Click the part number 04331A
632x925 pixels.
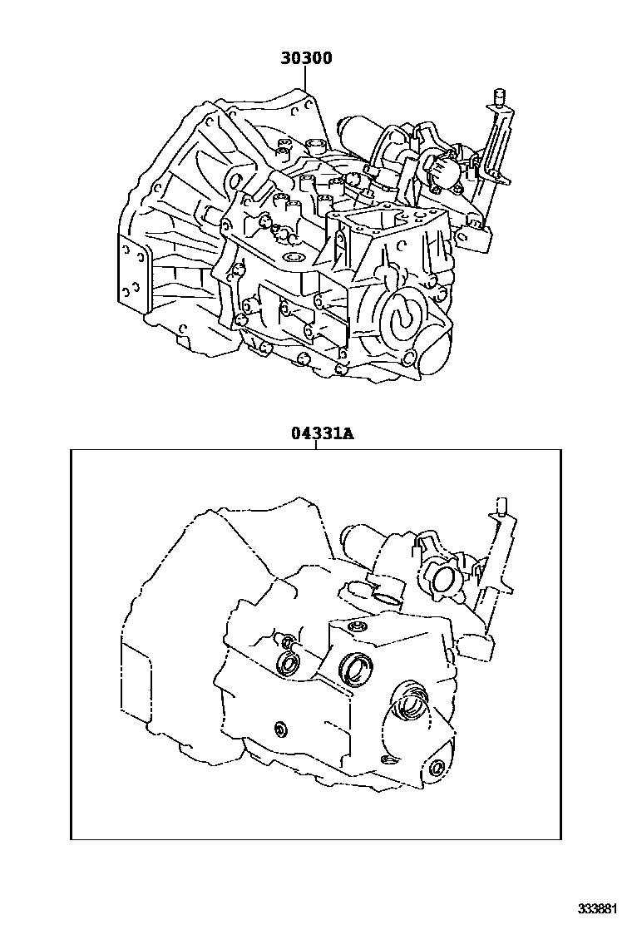pyautogui.click(x=317, y=433)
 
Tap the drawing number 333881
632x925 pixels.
pyautogui.click(x=600, y=907)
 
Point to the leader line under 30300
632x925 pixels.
pyautogui.click(x=306, y=80)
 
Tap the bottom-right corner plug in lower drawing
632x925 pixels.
pyautogui.click(x=436, y=767)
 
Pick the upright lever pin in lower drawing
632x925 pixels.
pyautogui.click(x=501, y=507)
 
